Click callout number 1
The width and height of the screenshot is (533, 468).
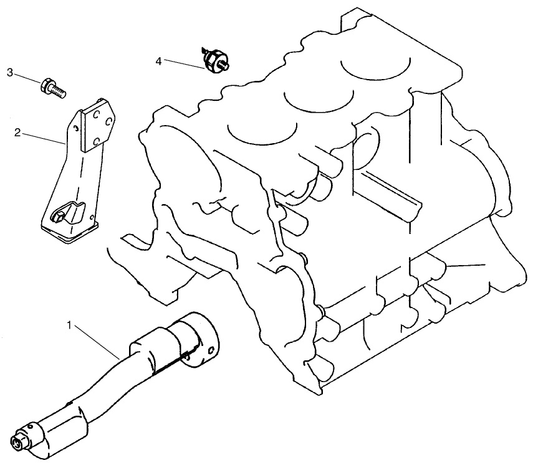click(x=70, y=324)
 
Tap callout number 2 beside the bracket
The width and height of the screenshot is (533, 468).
click(x=18, y=132)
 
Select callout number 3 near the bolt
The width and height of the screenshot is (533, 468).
click(x=10, y=73)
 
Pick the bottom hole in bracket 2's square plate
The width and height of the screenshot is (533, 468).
click(x=92, y=144)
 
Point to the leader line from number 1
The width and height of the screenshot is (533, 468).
click(x=97, y=339)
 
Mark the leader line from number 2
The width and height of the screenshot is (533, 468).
click(x=44, y=138)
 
